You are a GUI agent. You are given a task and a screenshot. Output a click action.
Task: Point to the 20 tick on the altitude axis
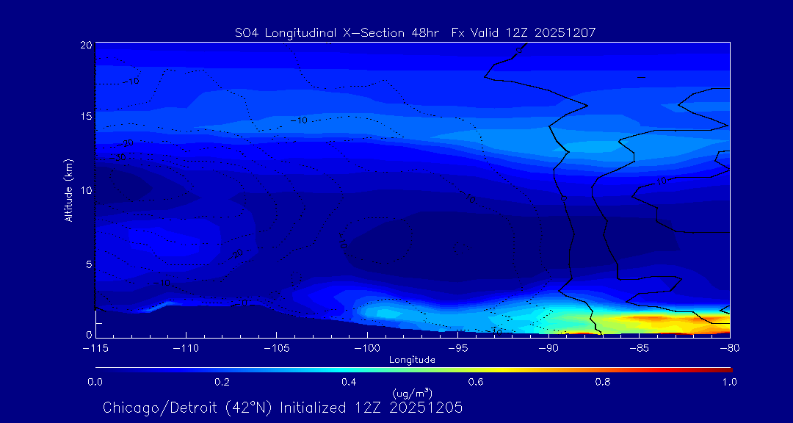86,45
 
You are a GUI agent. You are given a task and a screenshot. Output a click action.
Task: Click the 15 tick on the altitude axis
86,117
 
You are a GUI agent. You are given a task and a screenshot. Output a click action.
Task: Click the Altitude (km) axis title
69,189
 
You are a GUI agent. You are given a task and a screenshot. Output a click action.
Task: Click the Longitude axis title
412,360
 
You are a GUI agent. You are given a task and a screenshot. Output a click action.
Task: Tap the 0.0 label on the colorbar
95,382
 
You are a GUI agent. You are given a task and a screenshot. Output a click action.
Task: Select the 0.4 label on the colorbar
349,382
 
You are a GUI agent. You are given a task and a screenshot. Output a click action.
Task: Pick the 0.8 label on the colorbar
603,382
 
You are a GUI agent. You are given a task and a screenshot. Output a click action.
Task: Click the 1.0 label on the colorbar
730,382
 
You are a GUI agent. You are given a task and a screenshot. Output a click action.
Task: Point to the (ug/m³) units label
412,394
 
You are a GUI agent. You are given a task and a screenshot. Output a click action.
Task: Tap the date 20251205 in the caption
430,408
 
